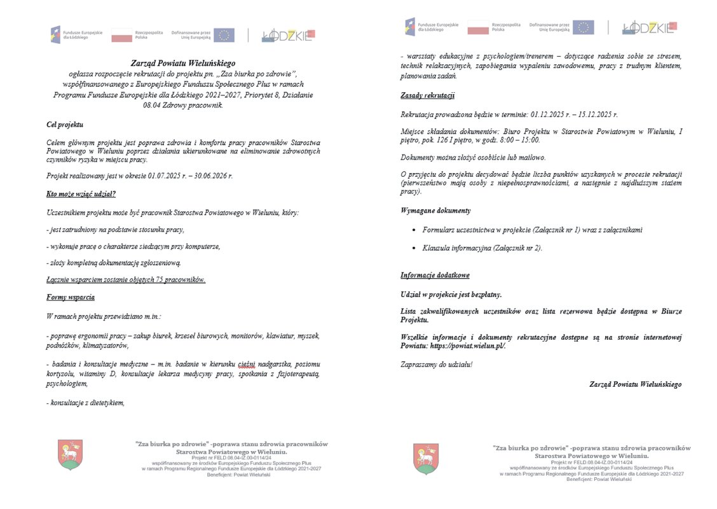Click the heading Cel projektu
pos(65,125)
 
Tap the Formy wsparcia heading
pos(71,297)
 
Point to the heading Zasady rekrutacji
pos(427,95)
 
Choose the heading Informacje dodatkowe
pos(435,275)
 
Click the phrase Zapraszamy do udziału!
pos(437,365)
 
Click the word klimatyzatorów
pos(101,345)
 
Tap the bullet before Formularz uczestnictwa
pos(413,230)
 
